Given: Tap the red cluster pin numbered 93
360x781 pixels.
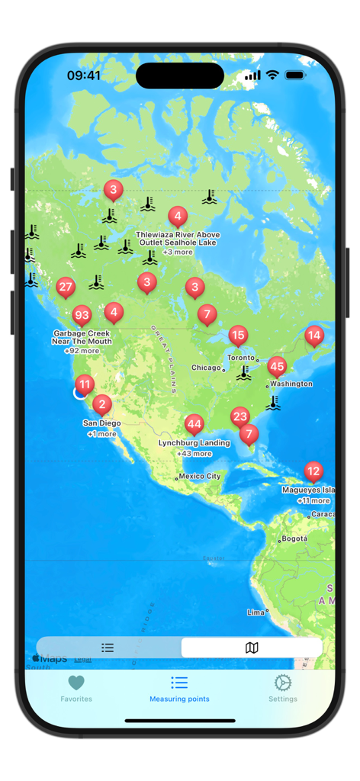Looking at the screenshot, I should pos(82,315).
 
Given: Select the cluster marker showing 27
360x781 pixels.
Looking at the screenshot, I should pos(66,288).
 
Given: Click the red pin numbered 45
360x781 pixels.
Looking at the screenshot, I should pos(277,367).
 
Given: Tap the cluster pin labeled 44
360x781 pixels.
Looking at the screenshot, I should pos(194,424).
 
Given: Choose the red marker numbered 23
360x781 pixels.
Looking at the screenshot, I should pos(240,416).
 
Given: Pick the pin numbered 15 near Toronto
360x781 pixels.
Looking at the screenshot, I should pos(238,335).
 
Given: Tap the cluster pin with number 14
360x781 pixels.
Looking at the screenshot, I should pos(313,335).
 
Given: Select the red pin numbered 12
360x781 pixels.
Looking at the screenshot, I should pos(313,471).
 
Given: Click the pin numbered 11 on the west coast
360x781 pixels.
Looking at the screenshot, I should pos(85,384).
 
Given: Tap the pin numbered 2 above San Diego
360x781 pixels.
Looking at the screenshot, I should pos(102,404).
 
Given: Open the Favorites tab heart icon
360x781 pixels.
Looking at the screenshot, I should pos(76,683).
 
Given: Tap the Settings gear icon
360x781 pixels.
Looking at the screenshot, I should pos(283,683).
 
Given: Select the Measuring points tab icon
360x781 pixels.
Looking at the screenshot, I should pos(179,683).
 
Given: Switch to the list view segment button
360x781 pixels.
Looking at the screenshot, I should pos(108,648).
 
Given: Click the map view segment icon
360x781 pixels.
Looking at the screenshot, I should pos(252,648).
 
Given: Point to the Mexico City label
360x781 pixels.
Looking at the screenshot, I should pos(200,476).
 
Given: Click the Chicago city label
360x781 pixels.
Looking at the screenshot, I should pos(206,368).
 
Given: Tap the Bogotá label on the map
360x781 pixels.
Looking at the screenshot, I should pos(294,538).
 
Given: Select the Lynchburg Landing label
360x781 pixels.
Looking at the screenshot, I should pos(194,442).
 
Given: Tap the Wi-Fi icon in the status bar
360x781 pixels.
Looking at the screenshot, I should pos(272,76).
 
